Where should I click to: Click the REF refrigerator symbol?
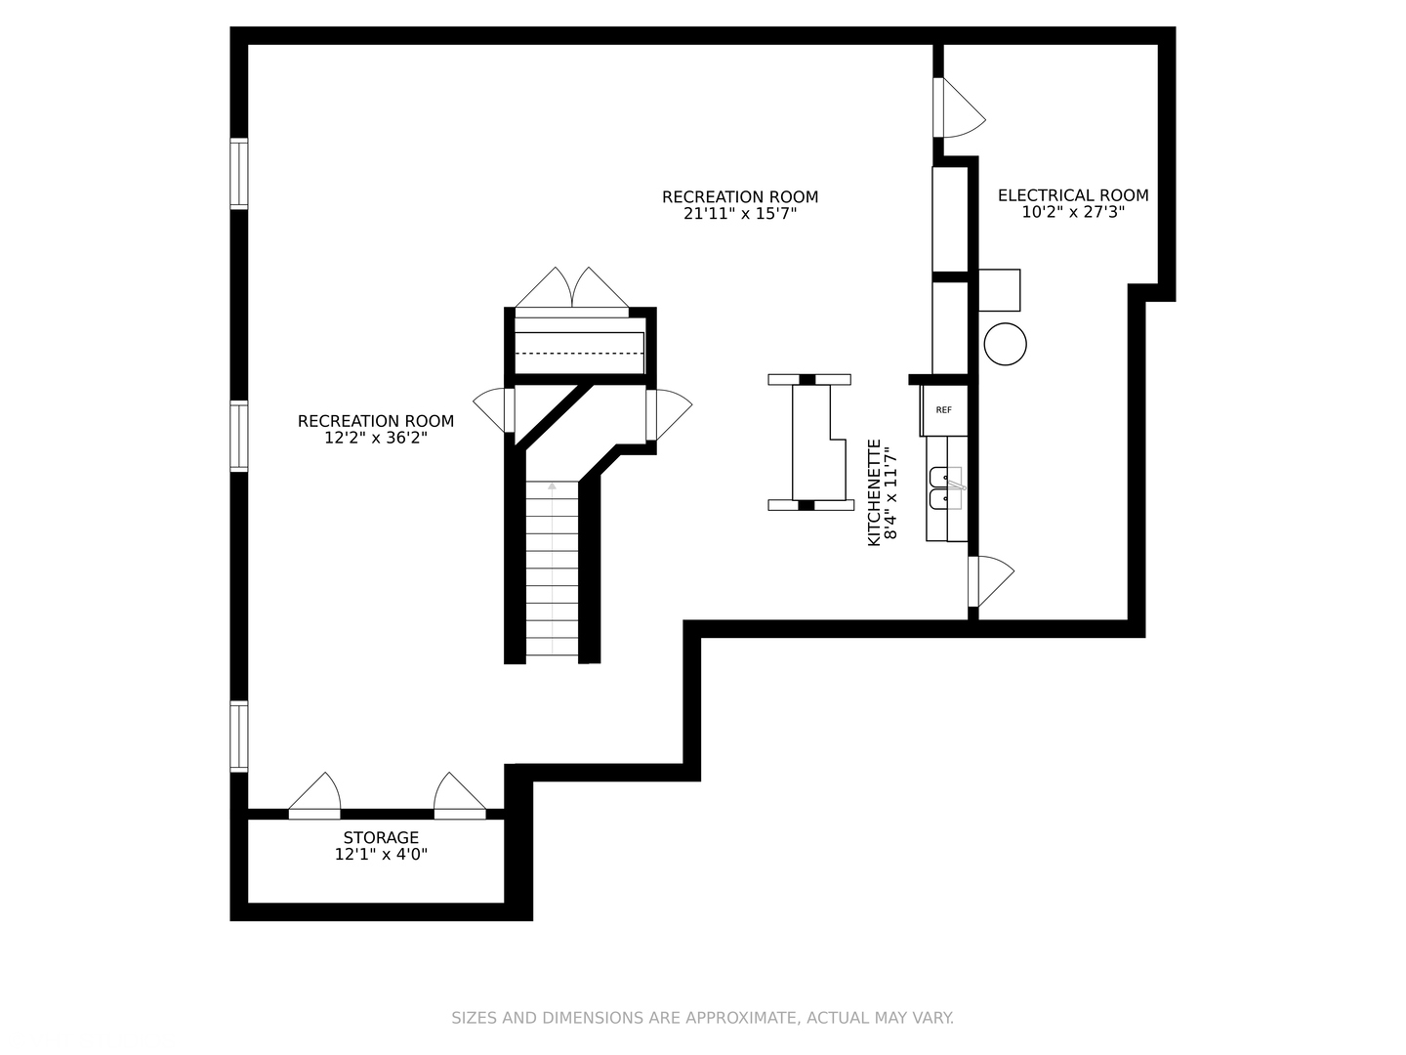pos(944,410)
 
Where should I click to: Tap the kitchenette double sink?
pos(945,488)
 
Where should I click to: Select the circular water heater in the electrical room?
pos(1005,344)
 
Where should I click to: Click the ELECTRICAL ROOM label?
pos(1073,195)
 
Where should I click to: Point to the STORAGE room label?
pos(381,838)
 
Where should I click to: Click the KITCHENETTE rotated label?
pos(875,492)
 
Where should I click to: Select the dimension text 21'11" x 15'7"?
pos(740,214)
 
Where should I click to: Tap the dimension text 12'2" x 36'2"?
pos(376,439)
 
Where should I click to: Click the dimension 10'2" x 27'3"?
pos(1073,212)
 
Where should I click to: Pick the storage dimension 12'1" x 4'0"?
pos(381,855)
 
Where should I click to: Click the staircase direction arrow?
pos(553,485)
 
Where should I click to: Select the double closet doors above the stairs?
pos(572,291)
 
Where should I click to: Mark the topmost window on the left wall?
pos(239,174)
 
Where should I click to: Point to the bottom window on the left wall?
pos(239,737)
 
